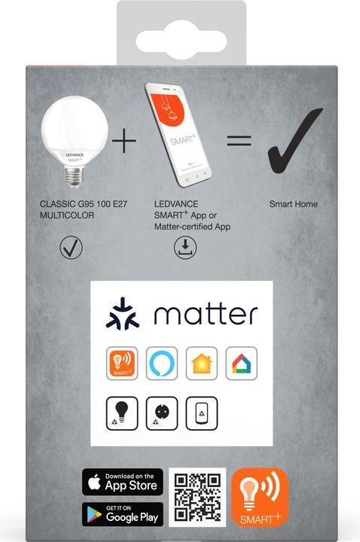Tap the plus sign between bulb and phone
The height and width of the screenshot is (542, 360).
tap(124, 141)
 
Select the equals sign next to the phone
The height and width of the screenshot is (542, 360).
tap(239, 141)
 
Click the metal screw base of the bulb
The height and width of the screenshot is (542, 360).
tap(75, 177)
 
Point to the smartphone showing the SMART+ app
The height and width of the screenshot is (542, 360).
tap(178, 135)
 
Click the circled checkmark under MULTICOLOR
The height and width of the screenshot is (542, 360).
tap(71, 247)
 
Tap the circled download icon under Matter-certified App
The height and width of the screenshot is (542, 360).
tap(185, 247)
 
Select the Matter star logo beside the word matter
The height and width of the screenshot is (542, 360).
tap(123, 313)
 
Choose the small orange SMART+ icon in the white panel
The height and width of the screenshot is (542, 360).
tap(122, 364)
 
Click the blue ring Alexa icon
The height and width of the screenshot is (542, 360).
tap(162, 364)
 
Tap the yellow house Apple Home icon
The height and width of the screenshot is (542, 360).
tap(202, 364)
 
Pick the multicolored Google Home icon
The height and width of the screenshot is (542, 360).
tap(242, 364)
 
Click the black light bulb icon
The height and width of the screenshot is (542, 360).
tap(122, 413)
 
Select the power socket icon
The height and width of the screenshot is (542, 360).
tap(162, 413)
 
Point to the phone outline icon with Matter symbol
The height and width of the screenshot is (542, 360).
tap(202, 413)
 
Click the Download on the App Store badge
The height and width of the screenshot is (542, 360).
tap(123, 482)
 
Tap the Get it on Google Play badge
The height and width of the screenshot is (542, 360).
tap(123, 514)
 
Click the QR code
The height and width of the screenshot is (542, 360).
tap(197, 498)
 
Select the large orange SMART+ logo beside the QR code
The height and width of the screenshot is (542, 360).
tap(260, 498)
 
